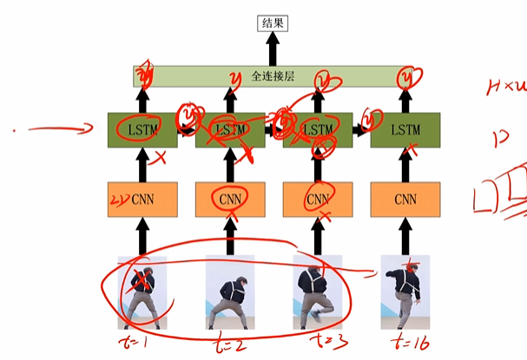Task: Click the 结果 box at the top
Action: (273, 23)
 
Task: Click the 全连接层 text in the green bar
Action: (273, 76)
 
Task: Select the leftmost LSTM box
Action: (142, 129)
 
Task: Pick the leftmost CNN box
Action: (142, 200)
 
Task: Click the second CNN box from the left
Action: (231, 200)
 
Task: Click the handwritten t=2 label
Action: (229, 344)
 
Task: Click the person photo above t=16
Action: (405, 291)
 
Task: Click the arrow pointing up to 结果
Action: (273, 49)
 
